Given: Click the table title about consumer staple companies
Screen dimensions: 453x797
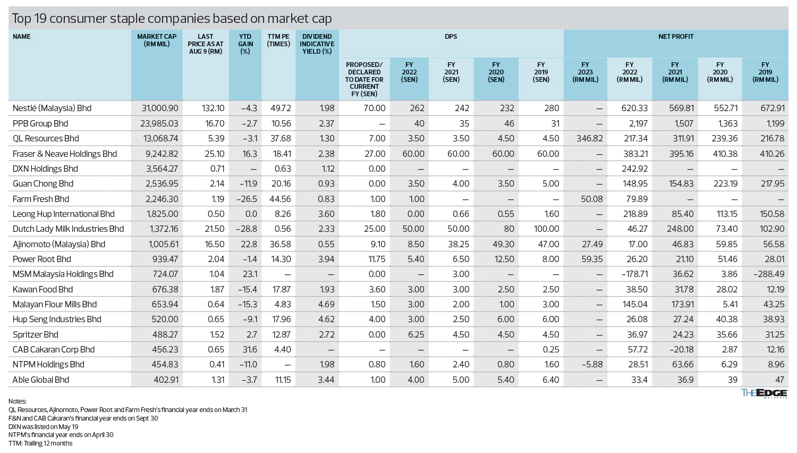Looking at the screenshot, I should pos(172,19).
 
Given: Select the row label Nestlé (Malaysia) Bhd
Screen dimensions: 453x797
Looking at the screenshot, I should pos(52,108).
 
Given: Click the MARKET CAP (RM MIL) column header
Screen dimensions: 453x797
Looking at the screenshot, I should pos(157,40).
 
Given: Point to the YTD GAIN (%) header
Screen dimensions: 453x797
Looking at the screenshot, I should pos(245,44).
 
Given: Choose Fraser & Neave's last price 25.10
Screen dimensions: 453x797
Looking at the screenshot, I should pos(213,154).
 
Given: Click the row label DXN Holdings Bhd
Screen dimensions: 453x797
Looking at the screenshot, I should pos(45,169).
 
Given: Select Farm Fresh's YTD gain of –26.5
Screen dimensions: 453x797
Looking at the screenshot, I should pos(248,199).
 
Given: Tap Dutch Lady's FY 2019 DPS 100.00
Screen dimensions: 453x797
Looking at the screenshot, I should pos(546,229).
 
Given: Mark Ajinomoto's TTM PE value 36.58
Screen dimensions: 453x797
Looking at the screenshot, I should pos(280,244).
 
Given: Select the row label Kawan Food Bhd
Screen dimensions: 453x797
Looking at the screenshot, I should pos(43,289).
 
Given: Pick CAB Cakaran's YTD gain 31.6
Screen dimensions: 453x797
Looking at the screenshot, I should pos(249,349).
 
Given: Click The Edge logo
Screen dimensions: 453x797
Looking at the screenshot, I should pos(764,393).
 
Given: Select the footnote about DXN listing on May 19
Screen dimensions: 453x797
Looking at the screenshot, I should pos(44,426).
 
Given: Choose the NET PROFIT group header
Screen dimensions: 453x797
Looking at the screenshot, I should pos(675,37).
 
